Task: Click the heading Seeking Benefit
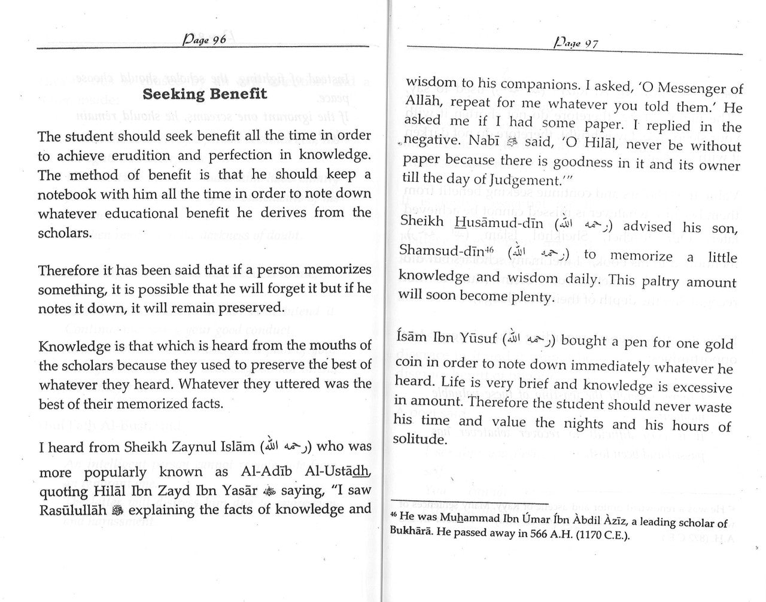tap(205, 94)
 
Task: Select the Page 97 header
tap(576, 43)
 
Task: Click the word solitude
tap(420, 439)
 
